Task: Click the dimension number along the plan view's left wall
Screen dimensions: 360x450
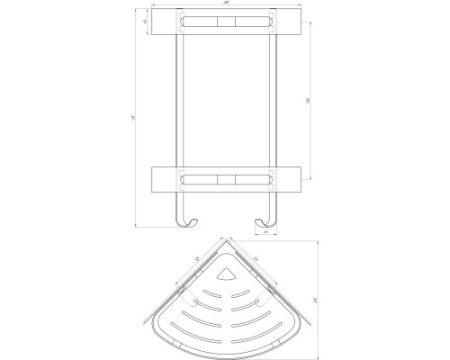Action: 194,263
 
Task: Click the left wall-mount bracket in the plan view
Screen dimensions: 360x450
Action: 186,292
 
